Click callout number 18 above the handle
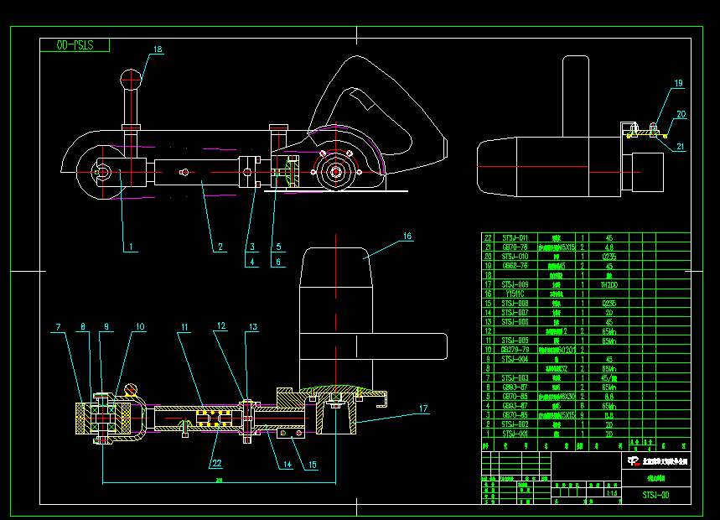click(157, 50)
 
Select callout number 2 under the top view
click(220, 247)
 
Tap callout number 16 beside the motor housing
click(407, 237)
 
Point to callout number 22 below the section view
click(217, 461)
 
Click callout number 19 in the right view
click(678, 83)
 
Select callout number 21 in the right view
click(681, 146)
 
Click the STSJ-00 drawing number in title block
click(655, 495)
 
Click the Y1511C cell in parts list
click(515, 294)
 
